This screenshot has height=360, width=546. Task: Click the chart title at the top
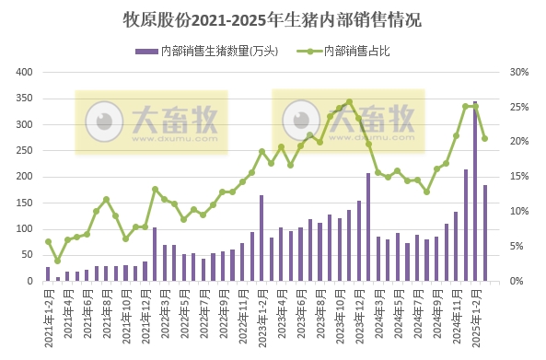coord(272,18)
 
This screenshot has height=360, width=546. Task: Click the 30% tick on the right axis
coord(518,72)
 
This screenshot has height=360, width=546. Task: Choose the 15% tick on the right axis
coord(518,177)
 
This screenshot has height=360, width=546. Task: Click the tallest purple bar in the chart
coord(475,192)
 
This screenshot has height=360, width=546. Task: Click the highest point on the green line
coord(349,102)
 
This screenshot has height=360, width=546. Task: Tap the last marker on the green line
coord(485,139)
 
